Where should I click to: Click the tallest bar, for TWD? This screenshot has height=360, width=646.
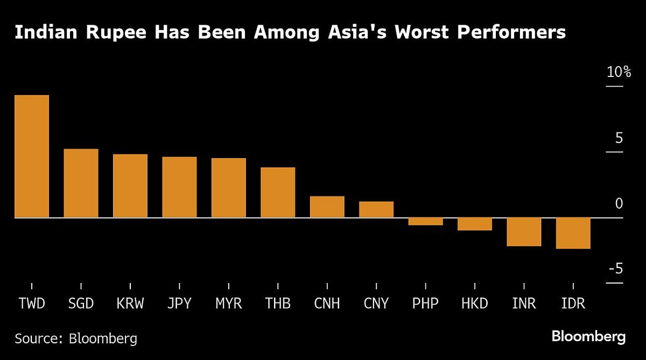31,156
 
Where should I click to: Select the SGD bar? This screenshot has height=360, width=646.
81,183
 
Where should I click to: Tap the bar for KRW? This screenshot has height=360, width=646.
130,186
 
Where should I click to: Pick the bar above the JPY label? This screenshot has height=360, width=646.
179,187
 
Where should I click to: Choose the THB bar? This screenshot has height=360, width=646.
278,193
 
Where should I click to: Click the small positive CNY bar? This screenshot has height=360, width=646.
376,209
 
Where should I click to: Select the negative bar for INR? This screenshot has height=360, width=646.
524,231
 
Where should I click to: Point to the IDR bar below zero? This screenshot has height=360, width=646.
573,233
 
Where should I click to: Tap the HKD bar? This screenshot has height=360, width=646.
475,224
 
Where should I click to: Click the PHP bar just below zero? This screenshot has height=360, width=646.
425,221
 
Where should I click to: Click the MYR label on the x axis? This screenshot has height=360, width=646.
228,303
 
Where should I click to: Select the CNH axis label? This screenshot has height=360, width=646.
327,303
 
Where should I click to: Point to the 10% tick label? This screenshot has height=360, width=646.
618,72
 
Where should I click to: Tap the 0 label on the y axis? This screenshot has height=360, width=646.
619,203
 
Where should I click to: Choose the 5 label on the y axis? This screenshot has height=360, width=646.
619,138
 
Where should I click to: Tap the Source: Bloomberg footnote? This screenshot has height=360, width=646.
75,338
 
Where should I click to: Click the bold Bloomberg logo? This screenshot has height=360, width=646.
588,337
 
